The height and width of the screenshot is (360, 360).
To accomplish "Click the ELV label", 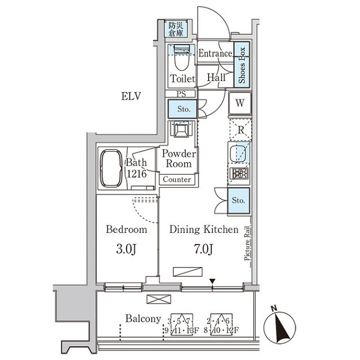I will (x=131, y=96).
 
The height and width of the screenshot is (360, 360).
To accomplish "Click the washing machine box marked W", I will (x=239, y=103).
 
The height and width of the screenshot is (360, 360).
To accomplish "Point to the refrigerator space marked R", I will (x=240, y=129).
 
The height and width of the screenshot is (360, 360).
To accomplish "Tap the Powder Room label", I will (x=178, y=158).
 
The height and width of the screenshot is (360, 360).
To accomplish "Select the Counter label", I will (x=177, y=179).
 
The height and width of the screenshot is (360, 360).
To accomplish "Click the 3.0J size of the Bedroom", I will (x=126, y=248).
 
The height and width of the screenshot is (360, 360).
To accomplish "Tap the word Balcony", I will (x=142, y=319).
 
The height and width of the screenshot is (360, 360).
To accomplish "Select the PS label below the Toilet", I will (x=181, y=94).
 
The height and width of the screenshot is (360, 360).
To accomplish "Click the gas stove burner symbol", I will (x=239, y=175).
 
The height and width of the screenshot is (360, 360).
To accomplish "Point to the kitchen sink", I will (x=239, y=152).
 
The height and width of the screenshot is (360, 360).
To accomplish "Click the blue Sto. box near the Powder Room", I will (x=182, y=109).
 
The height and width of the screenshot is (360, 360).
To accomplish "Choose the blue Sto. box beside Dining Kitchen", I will (x=239, y=200).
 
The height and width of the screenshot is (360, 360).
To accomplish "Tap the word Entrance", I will (x=215, y=53).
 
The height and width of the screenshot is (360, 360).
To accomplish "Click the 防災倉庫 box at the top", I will (x=176, y=29).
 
